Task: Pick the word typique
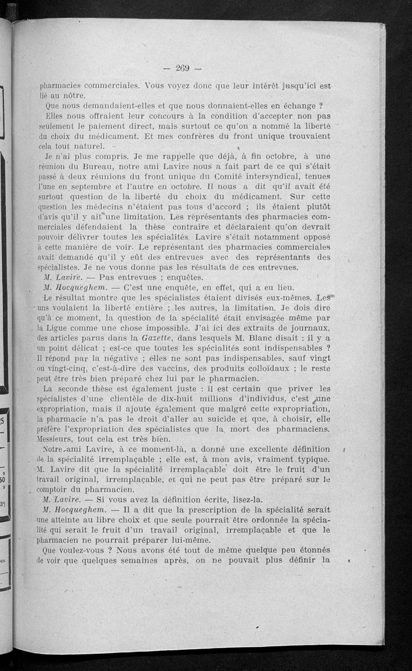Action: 308,458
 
